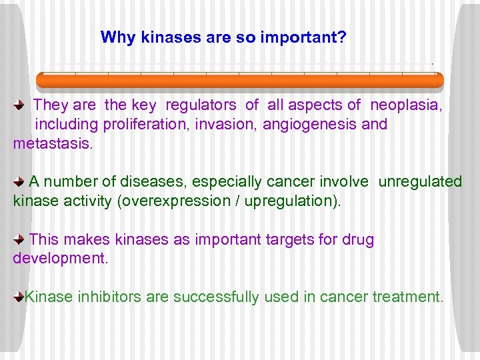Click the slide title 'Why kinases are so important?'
point(223,37)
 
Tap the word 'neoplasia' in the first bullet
point(405,105)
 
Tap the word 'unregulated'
point(420,181)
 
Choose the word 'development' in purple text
point(59,259)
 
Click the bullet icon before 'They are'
point(19,105)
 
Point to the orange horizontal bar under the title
point(239,81)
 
